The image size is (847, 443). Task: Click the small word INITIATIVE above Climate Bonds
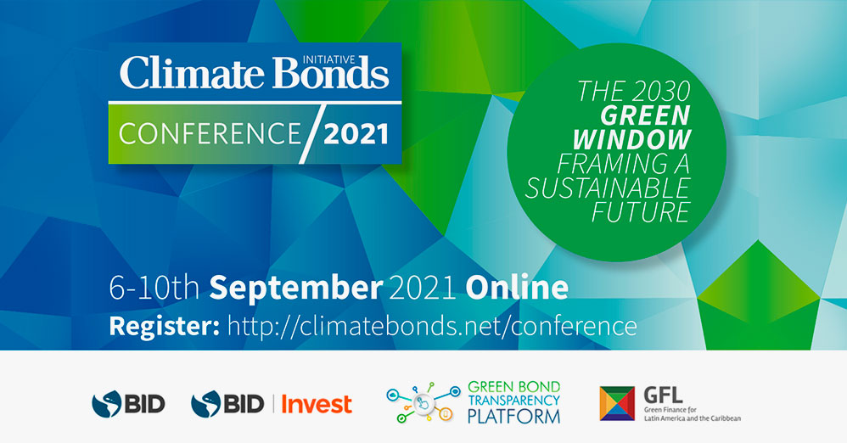328,60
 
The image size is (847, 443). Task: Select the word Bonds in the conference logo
331,75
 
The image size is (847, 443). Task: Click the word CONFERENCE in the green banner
210,133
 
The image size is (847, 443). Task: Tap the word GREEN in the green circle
646,115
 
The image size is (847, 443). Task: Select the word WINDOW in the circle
632,139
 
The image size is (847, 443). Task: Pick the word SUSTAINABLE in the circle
608,188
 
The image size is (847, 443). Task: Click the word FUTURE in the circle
642,212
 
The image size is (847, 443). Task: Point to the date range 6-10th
154,288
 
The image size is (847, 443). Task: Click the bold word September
296,289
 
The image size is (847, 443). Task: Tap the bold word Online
517,288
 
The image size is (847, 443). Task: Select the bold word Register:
164,327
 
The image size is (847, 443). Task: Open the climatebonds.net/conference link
432,326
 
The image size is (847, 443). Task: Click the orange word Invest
317,404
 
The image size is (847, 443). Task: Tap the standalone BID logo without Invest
128,404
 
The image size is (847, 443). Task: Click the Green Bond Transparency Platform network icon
423,402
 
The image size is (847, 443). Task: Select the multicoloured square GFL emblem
617,403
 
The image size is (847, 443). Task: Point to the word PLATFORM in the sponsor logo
513,417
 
